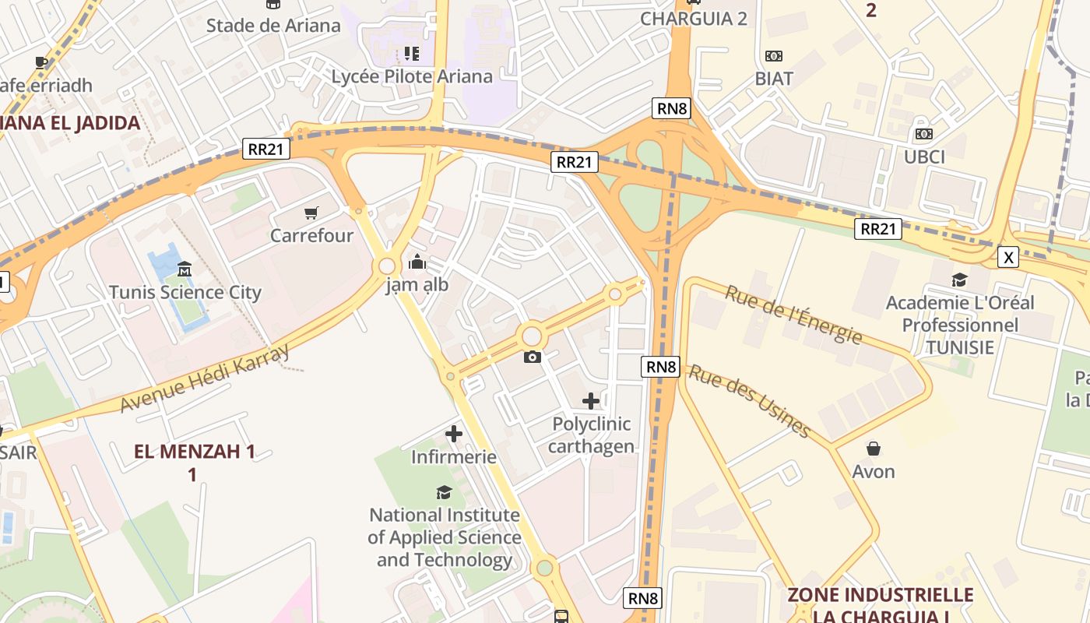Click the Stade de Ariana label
[x=273, y=26]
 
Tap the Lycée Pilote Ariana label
[x=412, y=76]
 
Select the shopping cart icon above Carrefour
[x=311, y=213]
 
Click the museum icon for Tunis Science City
[x=185, y=269]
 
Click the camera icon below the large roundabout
[x=533, y=357]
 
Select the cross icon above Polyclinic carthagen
[x=591, y=401]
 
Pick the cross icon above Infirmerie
[x=454, y=434]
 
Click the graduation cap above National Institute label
[x=444, y=492]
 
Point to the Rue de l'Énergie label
[x=793, y=315]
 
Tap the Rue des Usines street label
[x=750, y=401]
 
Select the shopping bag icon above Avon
[x=874, y=449]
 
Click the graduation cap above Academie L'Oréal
[x=960, y=280]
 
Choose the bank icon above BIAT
[x=774, y=56]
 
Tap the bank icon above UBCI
[x=924, y=134]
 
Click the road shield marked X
[x=1008, y=257]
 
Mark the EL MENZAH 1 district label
[x=194, y=452]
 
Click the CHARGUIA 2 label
[x=694, y=19]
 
